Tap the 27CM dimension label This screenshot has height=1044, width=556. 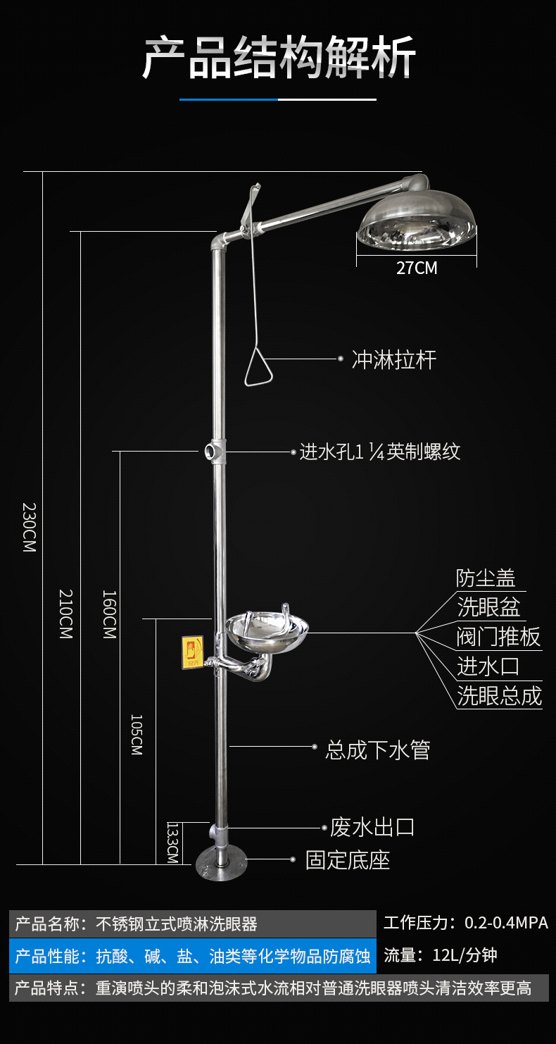(x=417, y=268)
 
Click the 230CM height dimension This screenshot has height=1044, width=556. (x=29, y=526)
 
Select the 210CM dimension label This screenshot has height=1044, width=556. (x=65, y=613)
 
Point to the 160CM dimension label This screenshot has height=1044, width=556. (x=108, y=614)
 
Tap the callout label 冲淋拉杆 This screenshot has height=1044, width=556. (x=394, y=360)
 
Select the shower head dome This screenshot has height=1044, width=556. (x=417, y=225)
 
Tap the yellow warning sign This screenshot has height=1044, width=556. (x=192, y=651)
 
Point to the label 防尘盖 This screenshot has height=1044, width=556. (x=486, y=578)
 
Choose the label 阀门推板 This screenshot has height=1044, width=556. (x=499, y=636)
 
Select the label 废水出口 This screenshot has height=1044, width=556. (x=372, y=827)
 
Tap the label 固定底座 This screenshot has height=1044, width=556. (x=348, y=859)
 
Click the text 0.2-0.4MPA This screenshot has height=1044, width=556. (x=506, y=922)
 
